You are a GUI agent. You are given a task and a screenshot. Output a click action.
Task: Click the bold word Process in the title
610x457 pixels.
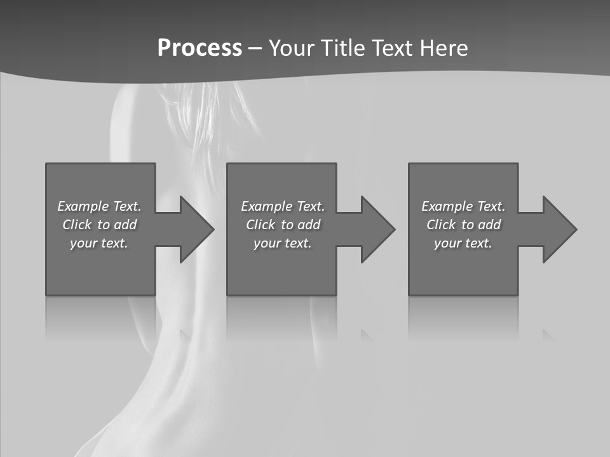(x=200, y=48)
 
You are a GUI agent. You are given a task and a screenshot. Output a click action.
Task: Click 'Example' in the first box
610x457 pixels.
(x=83, y=206)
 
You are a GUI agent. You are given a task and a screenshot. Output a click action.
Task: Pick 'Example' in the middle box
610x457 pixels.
(x=266, y=206)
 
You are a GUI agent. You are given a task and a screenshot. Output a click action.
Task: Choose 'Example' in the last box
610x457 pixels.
(x=447, y=206)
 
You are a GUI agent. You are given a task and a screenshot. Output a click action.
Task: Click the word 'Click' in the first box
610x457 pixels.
(x=77, y=225)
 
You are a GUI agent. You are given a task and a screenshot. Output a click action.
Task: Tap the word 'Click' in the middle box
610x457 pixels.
(x=261, y=225)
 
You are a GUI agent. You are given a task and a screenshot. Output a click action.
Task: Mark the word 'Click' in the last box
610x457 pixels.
(x=441, y=225)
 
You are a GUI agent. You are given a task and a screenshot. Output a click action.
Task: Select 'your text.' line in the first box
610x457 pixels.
(x=99, y=243)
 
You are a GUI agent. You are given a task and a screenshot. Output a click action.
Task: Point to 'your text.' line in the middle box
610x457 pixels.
(x=283, y=243)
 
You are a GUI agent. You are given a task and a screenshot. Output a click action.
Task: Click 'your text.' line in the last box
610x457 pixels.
(x=463, y=243)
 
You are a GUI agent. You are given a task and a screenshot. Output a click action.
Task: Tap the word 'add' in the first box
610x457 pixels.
(x=125, y=225)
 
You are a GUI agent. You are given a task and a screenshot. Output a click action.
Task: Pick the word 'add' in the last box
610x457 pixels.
(x=489, y=225)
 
